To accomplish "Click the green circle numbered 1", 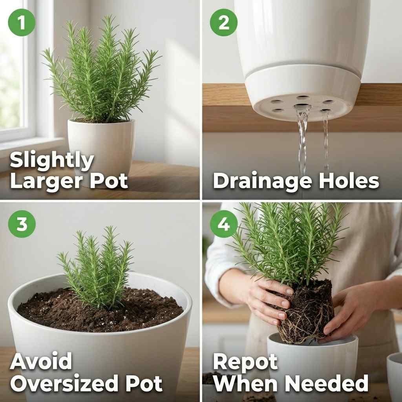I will (22, 22).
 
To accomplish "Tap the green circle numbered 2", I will (224, 22).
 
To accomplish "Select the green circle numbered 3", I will (22, 224).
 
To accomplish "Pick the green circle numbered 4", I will (224, 224).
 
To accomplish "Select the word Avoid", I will (41, 362).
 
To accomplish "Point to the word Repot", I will (245, 362).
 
